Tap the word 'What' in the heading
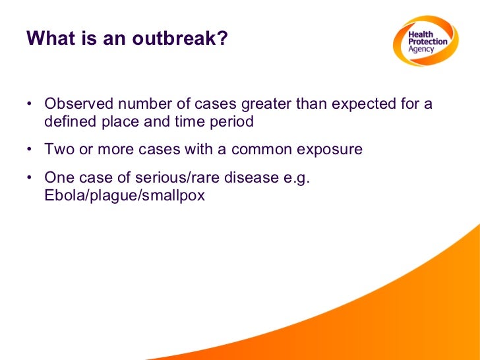coord(49,40)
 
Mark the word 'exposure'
coord(330,150)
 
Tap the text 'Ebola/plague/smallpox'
coord(125,195)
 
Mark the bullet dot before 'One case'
coord(30,179)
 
